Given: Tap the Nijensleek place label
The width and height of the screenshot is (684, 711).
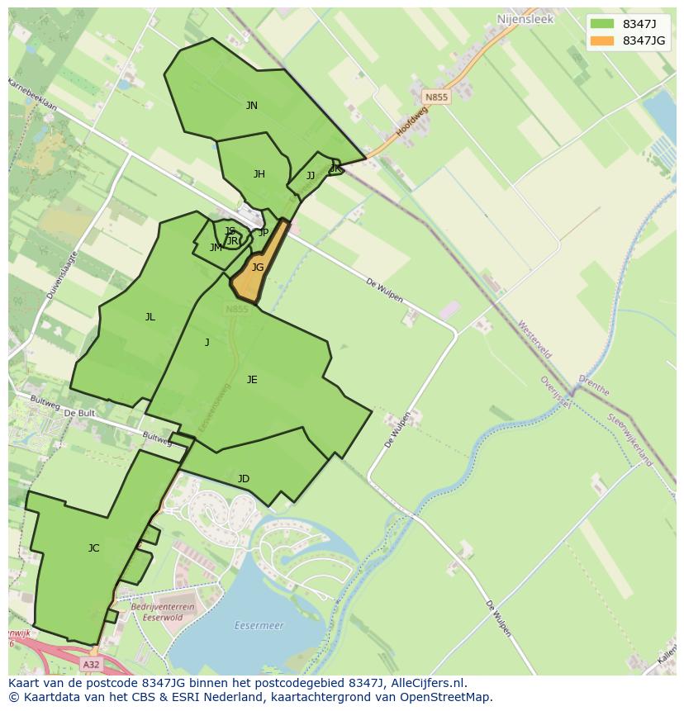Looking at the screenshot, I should [x=525, y=17].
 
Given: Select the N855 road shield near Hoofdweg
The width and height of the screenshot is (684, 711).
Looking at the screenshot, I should [x=436, y=97].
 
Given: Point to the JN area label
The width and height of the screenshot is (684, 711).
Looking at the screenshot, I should [x=251, y=106].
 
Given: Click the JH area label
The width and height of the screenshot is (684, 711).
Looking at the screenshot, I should [x=259, y=174].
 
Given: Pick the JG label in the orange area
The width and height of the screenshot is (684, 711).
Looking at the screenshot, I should [x=258, y=268].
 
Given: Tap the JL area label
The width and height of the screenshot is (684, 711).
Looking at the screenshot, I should [x=150, y=317].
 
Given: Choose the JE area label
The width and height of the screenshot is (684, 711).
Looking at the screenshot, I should [x=252, y=380].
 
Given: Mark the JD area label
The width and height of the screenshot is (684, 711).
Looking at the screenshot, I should [x=244, y=479].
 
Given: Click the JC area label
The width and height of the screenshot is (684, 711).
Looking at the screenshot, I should [x=93, y=548].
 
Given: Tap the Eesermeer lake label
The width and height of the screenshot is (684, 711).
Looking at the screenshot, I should [x=259, y=626].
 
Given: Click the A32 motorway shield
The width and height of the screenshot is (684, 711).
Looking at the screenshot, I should [x=92, y=664].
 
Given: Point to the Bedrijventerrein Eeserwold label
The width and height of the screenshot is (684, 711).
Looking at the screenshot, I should [x=163, y=611].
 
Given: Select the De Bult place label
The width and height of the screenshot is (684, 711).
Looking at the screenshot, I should [x=79, y=412].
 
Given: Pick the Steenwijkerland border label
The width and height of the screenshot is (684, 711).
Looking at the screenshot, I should [x=630, y=440].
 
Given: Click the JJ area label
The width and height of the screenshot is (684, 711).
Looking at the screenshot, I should [x=311, y=176].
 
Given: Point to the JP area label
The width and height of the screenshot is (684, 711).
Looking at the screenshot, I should [x=264, y=233].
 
